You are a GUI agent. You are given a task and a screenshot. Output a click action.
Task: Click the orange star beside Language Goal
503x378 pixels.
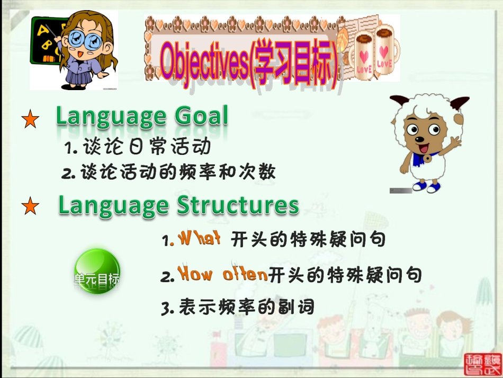coord(30,120)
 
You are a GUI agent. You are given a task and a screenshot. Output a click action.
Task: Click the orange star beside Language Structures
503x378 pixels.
coord(30,206)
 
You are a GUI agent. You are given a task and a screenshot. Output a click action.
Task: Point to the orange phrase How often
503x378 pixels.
coord(222,275)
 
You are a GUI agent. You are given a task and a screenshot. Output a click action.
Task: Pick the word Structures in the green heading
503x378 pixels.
coord(238,205)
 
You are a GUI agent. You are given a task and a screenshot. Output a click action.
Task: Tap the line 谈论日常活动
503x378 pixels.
coord(137,147)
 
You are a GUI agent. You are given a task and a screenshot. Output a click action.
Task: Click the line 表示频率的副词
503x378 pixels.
coord(238,307)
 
